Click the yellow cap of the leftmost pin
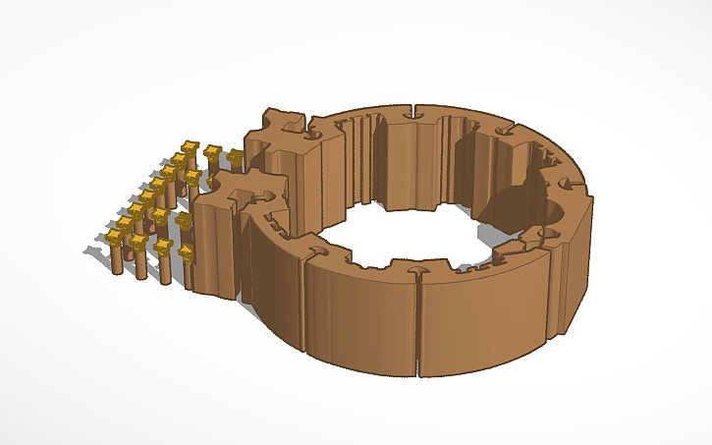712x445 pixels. [117, 238]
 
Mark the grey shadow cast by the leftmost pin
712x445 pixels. [98, 259]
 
